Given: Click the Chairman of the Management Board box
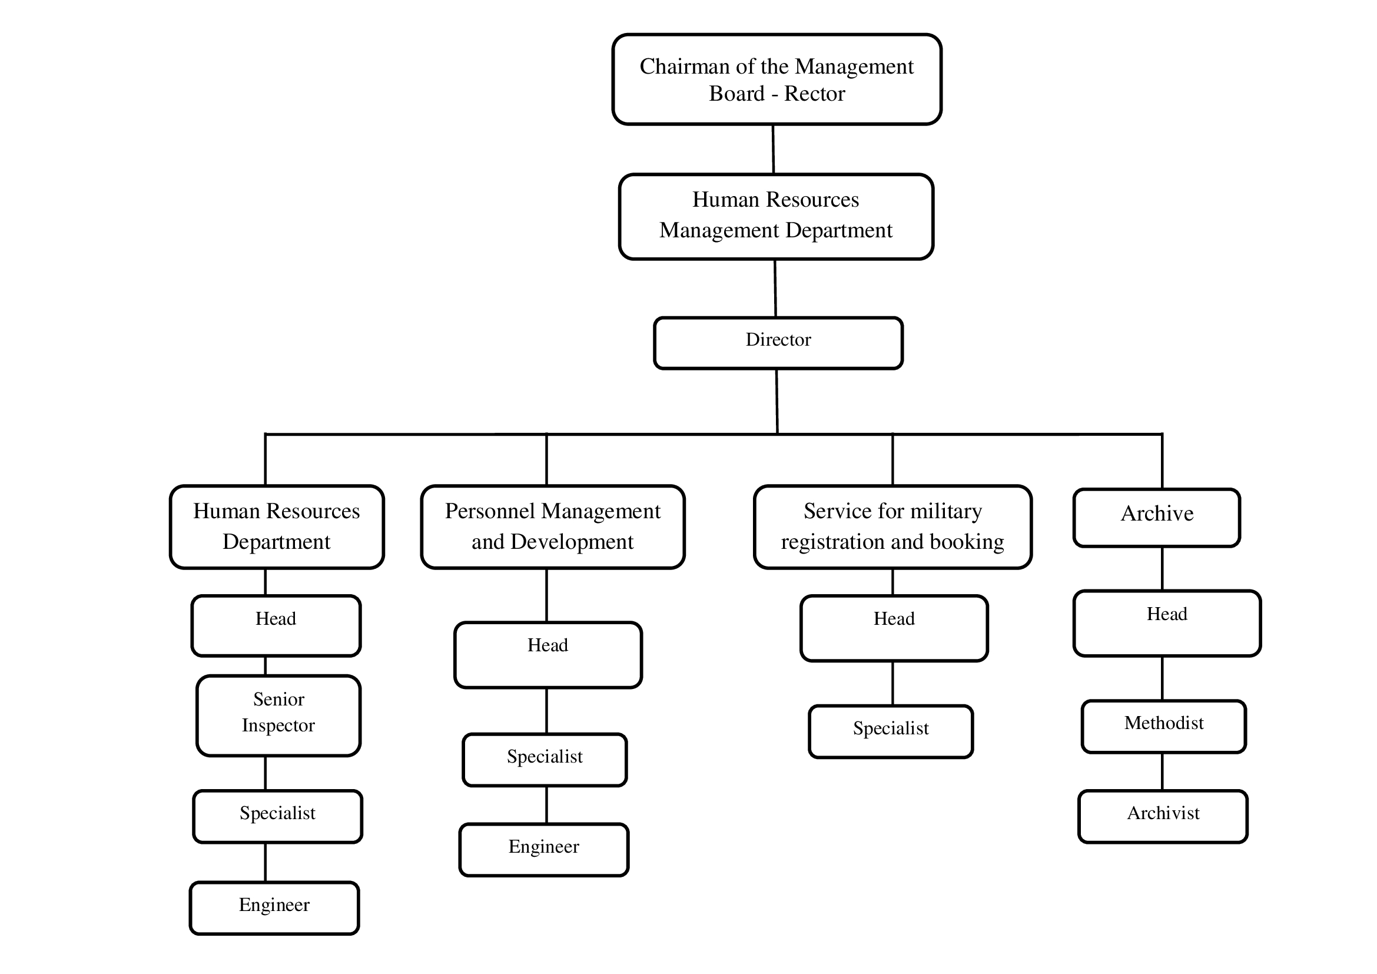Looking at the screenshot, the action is point(777,79).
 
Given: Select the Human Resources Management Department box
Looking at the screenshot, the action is point(776,217).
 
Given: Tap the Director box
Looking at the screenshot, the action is point(778,343).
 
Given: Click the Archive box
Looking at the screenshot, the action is point(1156,518).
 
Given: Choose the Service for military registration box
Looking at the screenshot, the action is point(892,526).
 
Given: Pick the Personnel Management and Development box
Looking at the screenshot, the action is point(552,526).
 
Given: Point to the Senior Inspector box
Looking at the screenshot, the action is point(278,715).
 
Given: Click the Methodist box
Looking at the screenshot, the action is point(1163,726).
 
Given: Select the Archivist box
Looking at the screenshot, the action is point(1163,816).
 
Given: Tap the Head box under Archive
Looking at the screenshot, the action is point(1167,623).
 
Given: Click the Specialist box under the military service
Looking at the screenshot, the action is point(891,731).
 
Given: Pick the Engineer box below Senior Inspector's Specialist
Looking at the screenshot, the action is point(274,907).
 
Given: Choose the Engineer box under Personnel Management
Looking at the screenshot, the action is point(543,849).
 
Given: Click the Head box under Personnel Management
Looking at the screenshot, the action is point(548,655).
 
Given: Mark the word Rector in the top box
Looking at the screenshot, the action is point(814,94).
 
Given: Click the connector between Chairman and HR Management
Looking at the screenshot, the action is point(773,150).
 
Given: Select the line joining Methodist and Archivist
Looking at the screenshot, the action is point(1162,771).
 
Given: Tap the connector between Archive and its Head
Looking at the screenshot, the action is point(1162,569).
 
